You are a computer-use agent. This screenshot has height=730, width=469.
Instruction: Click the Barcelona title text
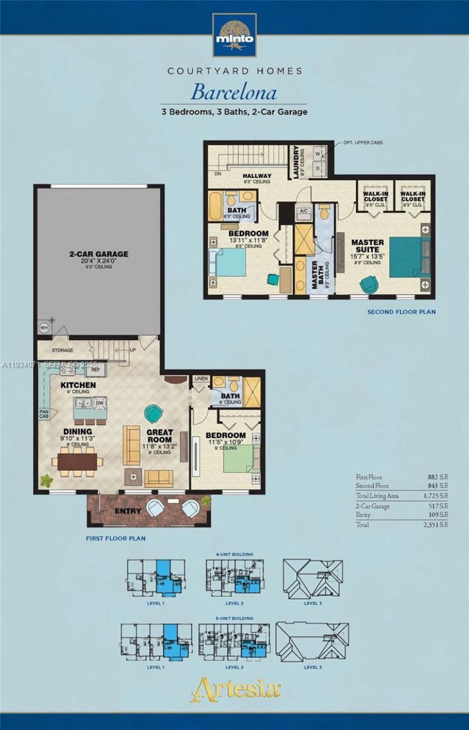tap(235, 92)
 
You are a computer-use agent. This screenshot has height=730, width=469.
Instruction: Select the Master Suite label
tap(368, 246)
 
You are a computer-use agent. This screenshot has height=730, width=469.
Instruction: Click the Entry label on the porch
tap(128, 511)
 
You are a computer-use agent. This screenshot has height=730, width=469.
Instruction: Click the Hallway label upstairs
tap(257, 176)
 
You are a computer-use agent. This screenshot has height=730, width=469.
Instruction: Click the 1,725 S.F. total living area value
tap(437, 495)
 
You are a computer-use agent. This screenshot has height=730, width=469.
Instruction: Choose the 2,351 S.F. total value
tap(437, 525)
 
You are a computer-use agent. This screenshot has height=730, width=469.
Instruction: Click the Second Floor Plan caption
tap(401, 312)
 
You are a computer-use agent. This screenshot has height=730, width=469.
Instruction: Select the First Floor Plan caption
tap(115, 538)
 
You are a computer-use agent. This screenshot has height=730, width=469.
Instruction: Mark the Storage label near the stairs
tap(62, 351)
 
